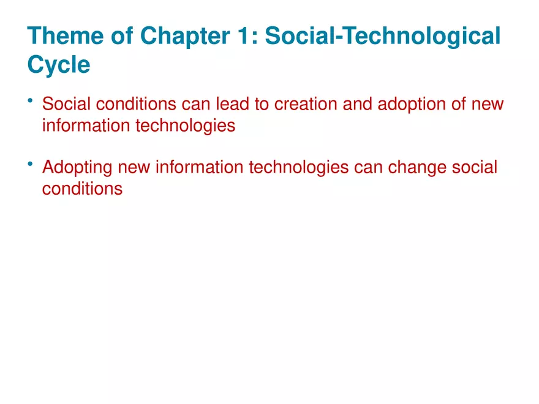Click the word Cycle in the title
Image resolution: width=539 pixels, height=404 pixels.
tap(59, 65)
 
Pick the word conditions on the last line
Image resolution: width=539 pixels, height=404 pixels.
tap(82, 189)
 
